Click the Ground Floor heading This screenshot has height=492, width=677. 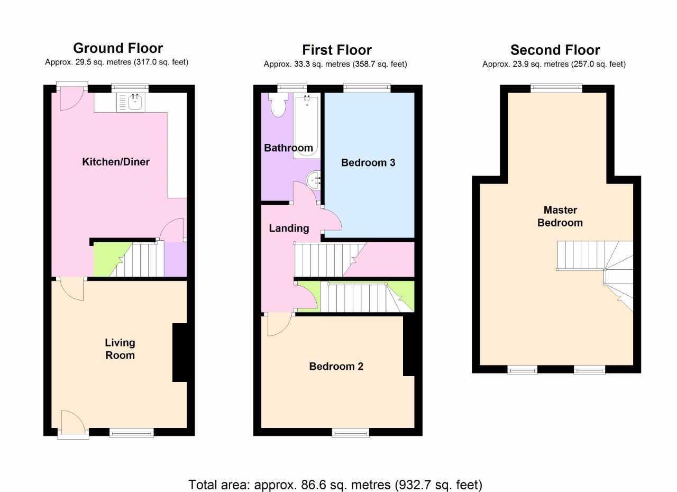tap(117, 48)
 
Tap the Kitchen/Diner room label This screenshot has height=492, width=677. tap(116, 162)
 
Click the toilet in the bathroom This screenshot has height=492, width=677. tap(277, 105)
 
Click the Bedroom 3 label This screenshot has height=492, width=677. tap(368, 162)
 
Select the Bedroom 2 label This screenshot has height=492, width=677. tap(336, 366)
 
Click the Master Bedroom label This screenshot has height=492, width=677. tap(560, 216)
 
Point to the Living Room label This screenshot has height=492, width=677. tap(120, 349)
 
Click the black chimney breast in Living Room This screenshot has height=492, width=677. tap(180, 352)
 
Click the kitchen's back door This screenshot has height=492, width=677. tap(72, 95)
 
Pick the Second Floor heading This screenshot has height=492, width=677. tap(555, 50)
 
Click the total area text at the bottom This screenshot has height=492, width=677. tap(335, 485)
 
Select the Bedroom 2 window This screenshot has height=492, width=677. tap(351, 433)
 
